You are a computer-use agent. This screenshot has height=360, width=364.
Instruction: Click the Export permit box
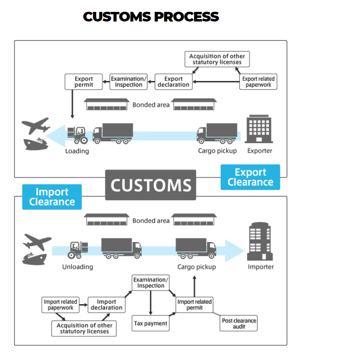pyautogui.click(x=84, y=82)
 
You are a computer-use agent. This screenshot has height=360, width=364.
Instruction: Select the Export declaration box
pyautogui.click(x=174, y=82)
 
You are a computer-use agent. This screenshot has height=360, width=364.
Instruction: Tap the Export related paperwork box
pyautogui.click(x=258, y=82)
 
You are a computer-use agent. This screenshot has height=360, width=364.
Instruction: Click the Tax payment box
pyautogui.click(x=151, y=323)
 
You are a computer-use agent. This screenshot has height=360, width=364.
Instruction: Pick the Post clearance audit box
pyautogui.click(x=239, y=323)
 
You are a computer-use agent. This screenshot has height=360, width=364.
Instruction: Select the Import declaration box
pyautogui.click(x=106, y=305)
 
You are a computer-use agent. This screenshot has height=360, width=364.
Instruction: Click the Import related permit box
pyautogui.click(x=195, y=305)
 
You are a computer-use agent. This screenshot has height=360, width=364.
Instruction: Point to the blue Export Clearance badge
pyautogui.click(x=250, y=177)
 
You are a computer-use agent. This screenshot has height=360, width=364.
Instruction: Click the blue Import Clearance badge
pyautogui.click(x=52, y=197)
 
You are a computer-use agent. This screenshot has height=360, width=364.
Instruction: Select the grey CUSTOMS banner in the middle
pyautogui.click(x=151, y=185)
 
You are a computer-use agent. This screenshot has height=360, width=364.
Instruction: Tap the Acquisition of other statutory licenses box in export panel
pyautogui.click(x=217, y=59)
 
